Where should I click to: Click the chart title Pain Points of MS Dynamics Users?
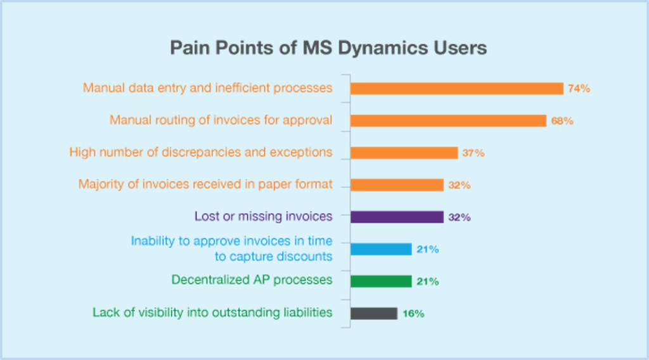328,48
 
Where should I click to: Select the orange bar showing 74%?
457,89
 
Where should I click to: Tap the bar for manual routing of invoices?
448,121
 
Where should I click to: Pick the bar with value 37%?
404,153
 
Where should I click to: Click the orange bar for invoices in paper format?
397,185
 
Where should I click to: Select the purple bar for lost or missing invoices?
397,217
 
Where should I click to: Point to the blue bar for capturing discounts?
381,249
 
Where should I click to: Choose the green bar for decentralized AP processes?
381,281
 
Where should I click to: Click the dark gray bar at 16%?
374,313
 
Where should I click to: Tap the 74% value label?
579,89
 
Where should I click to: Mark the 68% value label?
562,121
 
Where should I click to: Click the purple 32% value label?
459,217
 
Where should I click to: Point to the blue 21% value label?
428,249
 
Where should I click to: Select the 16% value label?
413,314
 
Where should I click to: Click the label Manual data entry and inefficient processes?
207,88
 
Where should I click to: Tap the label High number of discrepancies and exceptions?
201,152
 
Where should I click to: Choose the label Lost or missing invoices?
263,216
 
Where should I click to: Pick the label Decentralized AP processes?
252,280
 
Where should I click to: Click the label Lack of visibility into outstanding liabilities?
212,312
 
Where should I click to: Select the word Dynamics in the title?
383,49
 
